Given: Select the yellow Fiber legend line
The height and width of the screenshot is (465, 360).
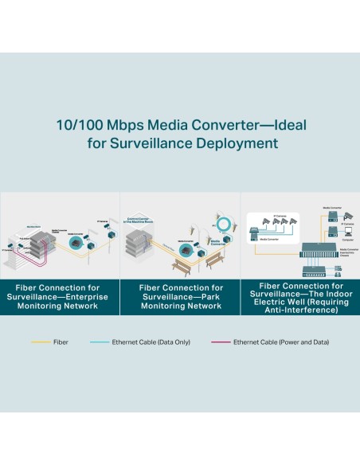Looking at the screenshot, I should tap(41, 342).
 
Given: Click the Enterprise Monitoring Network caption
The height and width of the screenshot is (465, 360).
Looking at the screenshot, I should tap(61, 296).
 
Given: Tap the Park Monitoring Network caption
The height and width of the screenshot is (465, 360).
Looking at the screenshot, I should tap(180, 296).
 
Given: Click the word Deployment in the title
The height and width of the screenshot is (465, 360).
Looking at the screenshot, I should tap(243, 144).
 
